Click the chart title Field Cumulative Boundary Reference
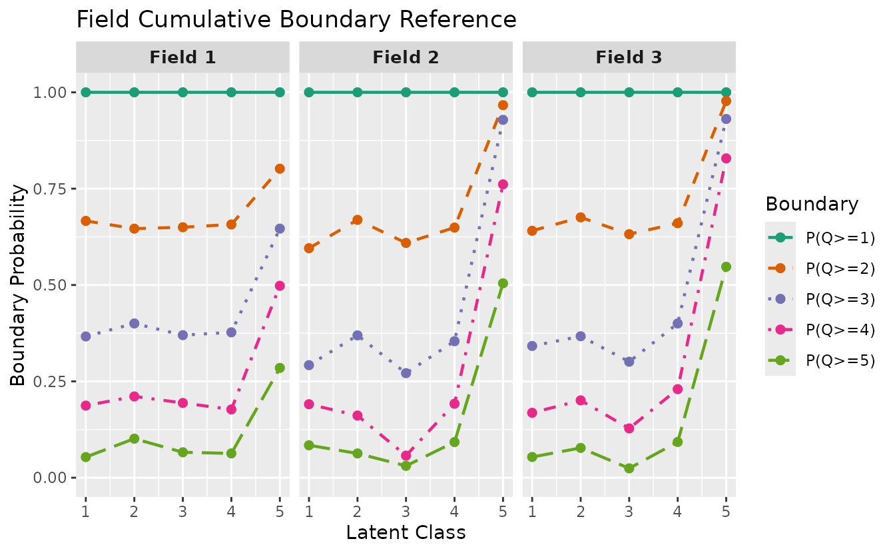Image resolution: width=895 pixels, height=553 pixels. tap(296, 19)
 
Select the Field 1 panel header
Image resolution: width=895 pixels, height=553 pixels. tap(182, 57)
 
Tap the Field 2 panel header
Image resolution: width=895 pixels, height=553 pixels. tap(406, 57)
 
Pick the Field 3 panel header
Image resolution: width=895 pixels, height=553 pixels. tap(629, 57)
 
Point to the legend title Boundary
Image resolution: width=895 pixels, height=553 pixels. tap(812, 204)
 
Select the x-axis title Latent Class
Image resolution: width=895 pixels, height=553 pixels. tap(406, 533)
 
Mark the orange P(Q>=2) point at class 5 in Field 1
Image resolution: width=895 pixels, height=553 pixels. tap(280, 169)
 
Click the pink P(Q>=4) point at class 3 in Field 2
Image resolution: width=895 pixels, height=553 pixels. tap(406, 456)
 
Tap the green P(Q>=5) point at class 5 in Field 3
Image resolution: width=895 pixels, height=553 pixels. tap(726, 267)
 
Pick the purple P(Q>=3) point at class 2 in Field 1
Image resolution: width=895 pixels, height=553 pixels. tap(134, 323)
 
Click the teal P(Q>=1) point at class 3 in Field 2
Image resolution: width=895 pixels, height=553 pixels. tap(406, 92)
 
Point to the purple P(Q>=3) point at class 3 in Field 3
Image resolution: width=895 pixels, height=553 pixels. tap(629, 361)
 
